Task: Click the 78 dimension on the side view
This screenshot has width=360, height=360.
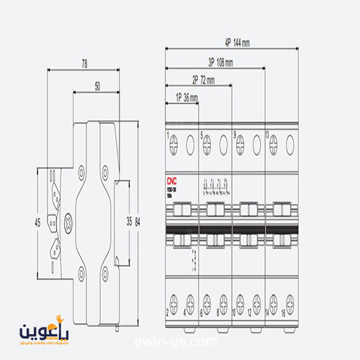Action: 84,64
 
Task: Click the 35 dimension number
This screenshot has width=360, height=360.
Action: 129,220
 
